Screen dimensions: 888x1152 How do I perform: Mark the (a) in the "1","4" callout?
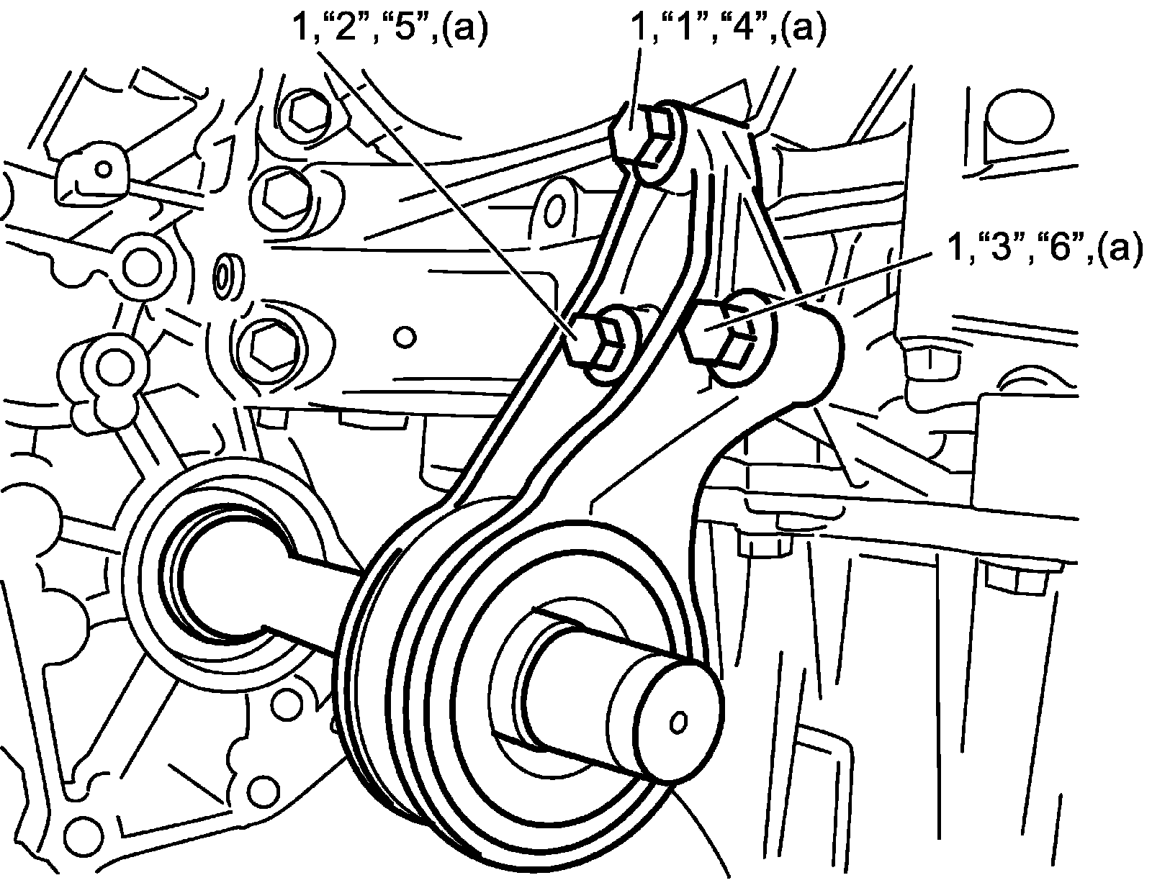click(803, 31)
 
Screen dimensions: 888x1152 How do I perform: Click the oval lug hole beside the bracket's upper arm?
click(555, 210)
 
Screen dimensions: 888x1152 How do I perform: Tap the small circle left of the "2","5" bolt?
click(405, 337)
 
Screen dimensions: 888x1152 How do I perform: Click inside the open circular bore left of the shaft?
click(223, 583)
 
